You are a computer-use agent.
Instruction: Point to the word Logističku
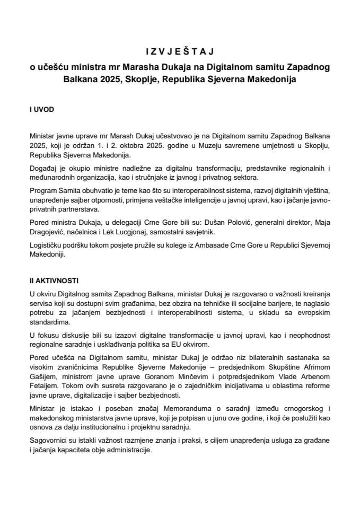47,247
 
